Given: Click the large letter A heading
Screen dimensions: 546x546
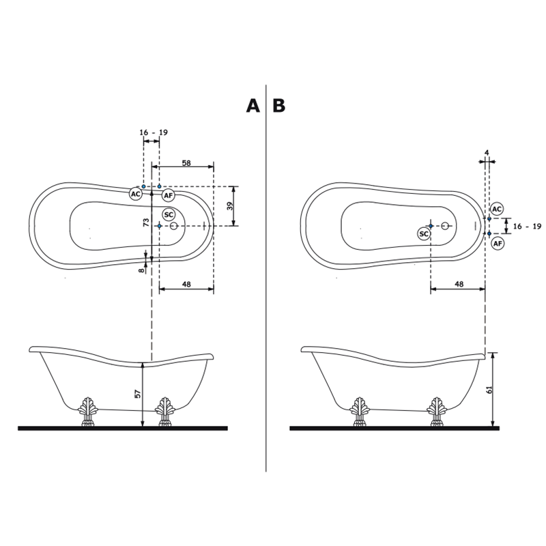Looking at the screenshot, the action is [253, 106].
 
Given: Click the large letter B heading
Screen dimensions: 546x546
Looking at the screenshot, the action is [279, 106].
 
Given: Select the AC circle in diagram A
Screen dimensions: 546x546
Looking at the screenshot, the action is [136, 194].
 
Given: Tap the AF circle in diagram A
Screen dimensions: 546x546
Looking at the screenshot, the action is [168, 196].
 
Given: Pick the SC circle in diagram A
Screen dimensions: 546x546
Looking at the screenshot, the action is [169, 214].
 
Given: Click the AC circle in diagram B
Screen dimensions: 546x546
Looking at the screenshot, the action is [497, 209].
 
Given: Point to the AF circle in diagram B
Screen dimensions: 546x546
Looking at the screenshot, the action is [498, 244].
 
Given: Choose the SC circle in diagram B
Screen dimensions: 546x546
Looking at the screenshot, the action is [424, 234].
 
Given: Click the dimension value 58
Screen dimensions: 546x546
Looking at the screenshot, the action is [186, 162].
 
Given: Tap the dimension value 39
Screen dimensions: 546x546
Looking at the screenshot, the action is [230, 206].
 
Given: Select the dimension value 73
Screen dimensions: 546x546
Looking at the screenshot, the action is [146, 222].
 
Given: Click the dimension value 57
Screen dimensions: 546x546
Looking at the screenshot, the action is [138, 394].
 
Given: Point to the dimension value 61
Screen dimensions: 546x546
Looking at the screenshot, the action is [489, 390].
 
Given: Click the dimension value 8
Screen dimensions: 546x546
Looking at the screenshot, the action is [141, 270].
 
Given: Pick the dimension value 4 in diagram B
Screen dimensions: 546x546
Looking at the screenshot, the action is [487, 152].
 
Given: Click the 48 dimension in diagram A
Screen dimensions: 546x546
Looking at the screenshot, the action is [186, 284].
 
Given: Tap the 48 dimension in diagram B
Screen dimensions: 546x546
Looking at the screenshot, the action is [459, 284].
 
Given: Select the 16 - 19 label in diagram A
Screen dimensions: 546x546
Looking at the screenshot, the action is [154, 132].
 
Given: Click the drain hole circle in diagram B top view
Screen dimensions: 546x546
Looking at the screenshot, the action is [445, 226].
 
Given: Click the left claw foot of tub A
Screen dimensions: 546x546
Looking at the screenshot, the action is [87, 412].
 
